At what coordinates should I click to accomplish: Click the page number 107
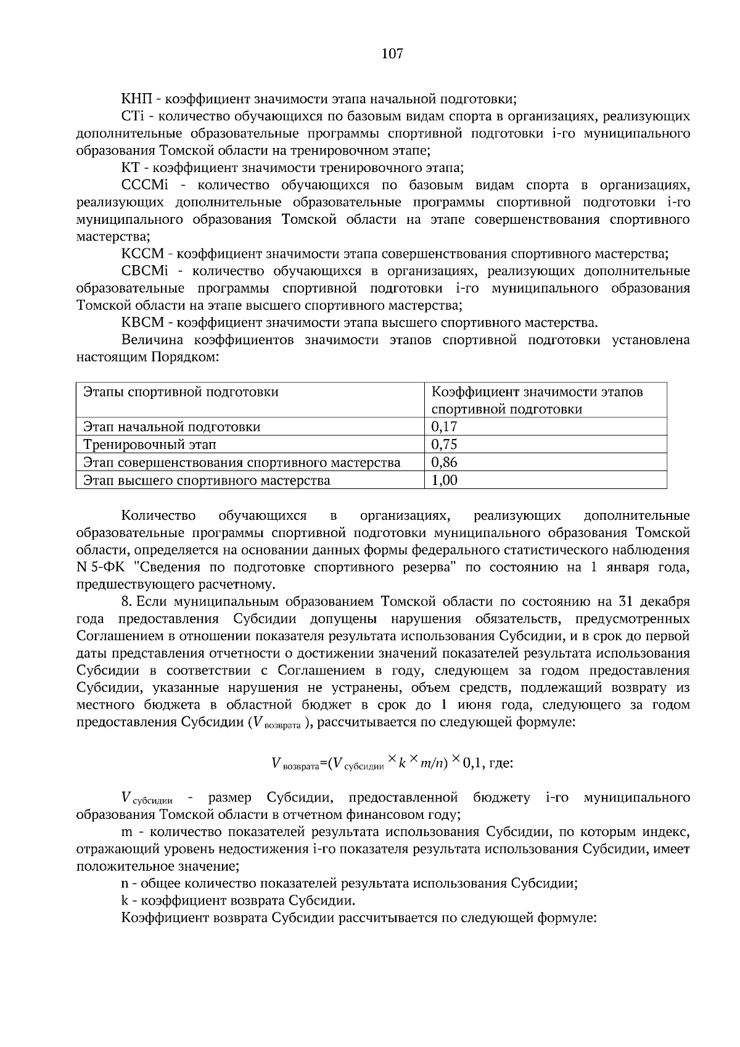(x=392, y=54)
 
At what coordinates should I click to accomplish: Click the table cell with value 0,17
(x=445, y=427)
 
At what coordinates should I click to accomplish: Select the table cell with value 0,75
(x=445, y=445)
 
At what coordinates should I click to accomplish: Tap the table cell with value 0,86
(x=445, y=462)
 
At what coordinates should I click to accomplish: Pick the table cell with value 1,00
(x=445, y=480)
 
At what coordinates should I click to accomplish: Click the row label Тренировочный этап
(x=150, y=445)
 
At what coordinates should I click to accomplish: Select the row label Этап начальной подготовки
(x=172, y=427)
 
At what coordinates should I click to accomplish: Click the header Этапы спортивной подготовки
(x=181, y=392)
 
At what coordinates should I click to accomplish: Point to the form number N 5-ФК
(x=100, y=567)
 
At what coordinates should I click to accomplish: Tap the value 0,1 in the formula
(x=472, y=764)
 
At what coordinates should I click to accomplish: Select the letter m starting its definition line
(x=126, y=832)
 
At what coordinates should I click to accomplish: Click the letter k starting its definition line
(x=125, y=901)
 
